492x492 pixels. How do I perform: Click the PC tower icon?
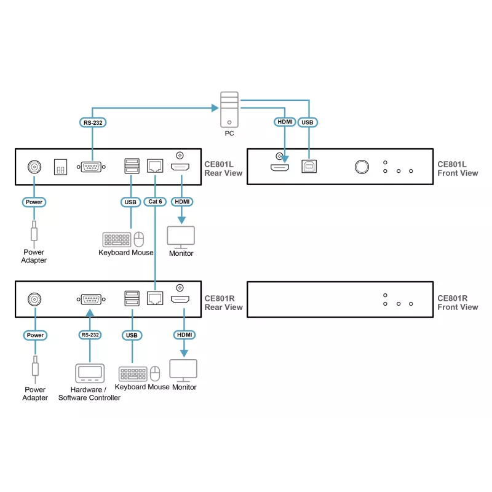coord(229,109)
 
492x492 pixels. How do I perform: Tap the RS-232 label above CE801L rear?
coord(93,122)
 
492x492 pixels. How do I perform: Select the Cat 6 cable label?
coord(155,202)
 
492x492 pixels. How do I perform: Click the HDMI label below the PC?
coord(285,122)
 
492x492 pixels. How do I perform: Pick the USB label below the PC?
coord(307,122)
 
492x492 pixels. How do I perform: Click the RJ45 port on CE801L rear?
coord(155,166)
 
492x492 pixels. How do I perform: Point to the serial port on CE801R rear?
coord(91,300)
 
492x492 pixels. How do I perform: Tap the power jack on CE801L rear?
coord(34,167)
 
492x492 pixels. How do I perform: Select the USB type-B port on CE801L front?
coord(309,166)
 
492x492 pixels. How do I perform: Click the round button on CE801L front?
coord(362,167)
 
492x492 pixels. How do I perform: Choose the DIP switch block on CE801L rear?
coord(60,167)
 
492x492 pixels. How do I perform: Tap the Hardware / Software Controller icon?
coord(90,373)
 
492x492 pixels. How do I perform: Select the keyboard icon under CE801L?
coord(117,240)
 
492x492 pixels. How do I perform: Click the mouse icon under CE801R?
coord(155,373)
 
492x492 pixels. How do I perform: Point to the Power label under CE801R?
coord(35,335)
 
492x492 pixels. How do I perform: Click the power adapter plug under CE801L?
coord(34,232)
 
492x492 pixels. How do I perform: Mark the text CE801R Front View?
coord(458,303)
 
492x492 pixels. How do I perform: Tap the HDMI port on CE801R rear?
coord(180,300)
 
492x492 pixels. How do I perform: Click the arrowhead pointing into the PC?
coord(215,108)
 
